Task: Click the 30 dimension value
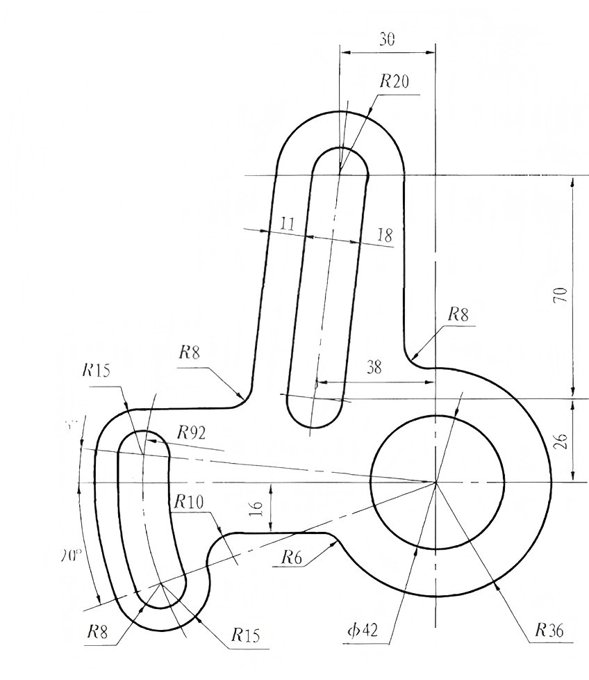pos(387,40)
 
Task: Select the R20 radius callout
pos(394,81)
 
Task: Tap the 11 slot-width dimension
pos(288,224)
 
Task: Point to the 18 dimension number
pos(384,235)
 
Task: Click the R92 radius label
pos(192,433)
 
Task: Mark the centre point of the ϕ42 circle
pos(435,481)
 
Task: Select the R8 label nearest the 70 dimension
pos(457,314)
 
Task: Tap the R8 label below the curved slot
pos(98,631)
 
